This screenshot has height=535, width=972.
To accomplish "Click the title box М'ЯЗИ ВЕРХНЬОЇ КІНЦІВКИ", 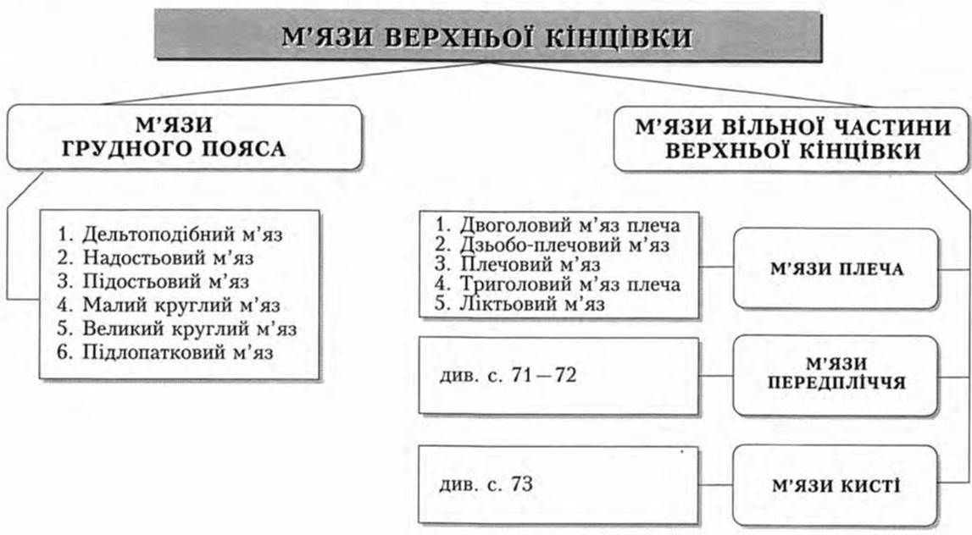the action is click(x=488, y=36).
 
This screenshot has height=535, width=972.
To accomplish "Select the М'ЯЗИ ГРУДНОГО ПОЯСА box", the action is click(x=184, y=137).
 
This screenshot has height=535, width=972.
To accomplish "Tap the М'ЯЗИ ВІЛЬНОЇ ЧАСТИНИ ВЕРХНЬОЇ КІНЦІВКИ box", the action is click(x=791, y=140).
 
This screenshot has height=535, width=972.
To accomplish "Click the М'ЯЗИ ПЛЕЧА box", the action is click(x=836, y=268).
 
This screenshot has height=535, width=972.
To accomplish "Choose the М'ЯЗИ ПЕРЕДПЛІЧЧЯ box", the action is click(x=836, y=375).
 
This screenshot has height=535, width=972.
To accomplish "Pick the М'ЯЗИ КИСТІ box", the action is click(x=836, y=485).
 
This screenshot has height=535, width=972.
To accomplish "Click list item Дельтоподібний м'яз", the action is click(x=169, y=234).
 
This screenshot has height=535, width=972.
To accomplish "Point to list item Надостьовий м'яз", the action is click(x=156, y=257).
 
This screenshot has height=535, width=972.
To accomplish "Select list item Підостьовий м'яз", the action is click(x=153, y=281).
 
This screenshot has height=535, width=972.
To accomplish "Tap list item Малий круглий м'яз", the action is click(x=169, y=305).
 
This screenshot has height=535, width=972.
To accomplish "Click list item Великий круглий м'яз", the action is click(x=176, y=328).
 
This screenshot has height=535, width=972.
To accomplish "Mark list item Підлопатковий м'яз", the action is click(x=165, y=351).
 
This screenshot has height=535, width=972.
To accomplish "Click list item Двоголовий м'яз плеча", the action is click(x=557, y=225).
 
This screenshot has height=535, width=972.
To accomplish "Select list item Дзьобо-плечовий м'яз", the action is click(x=552, y=245).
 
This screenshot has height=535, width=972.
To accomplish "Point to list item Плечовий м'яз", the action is click(x=517, y=264).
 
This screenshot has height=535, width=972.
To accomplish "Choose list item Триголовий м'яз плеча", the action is click(x=557, y=284).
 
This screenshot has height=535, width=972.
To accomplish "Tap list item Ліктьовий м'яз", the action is click(x=519, y=304).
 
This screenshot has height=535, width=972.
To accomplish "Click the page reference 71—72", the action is click(x=544, y=375).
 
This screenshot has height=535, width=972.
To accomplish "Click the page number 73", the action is click(x=523, y=483).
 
